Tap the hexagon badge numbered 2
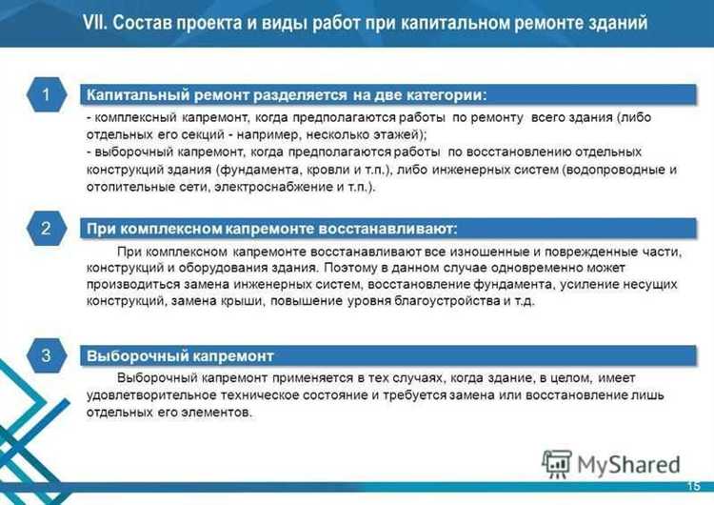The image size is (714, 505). coord(45,229)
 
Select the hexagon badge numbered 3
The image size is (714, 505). coord(45,355)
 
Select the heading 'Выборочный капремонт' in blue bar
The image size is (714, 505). coord(181,356)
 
